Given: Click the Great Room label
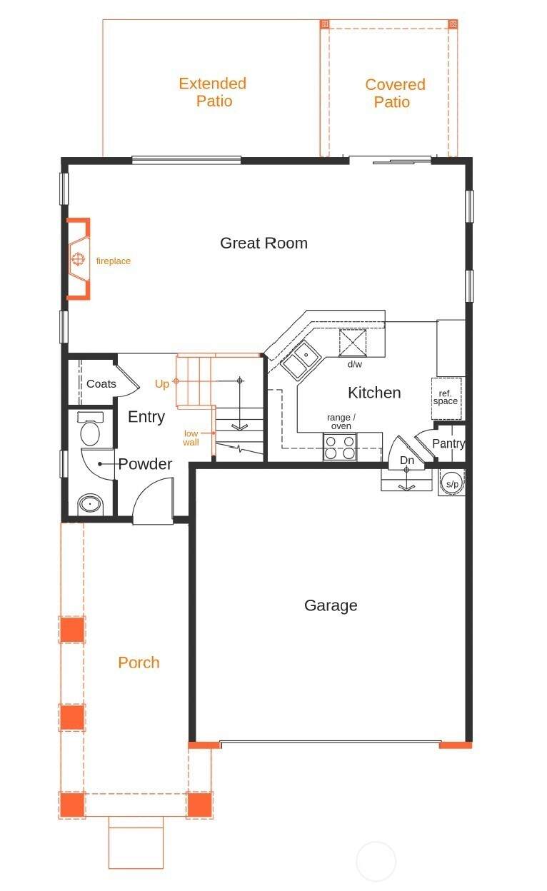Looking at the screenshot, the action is coord(264,243).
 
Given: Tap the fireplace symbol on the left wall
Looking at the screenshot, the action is coord(79,258).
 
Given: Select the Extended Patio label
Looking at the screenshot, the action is coord(213,92).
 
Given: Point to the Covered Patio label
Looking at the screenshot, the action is coord(395,93).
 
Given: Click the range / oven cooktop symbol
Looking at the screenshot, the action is coord(340,447).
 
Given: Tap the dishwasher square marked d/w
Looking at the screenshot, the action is coord(353,343).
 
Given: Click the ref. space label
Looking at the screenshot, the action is coord(446,398).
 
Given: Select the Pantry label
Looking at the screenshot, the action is coord(448,443).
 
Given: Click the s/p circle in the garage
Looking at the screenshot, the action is coord(452,483).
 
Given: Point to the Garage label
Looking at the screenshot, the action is coord(331,605).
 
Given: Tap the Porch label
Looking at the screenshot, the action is coord(139,663).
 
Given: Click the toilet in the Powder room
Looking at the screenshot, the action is coord(90,429).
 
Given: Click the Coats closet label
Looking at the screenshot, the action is coord(101,384).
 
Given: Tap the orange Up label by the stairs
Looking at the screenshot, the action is coord(162,384).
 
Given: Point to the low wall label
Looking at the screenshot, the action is coord(191,438).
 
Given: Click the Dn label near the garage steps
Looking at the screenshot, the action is coord(407,460).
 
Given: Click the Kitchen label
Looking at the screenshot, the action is coord(374,393).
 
